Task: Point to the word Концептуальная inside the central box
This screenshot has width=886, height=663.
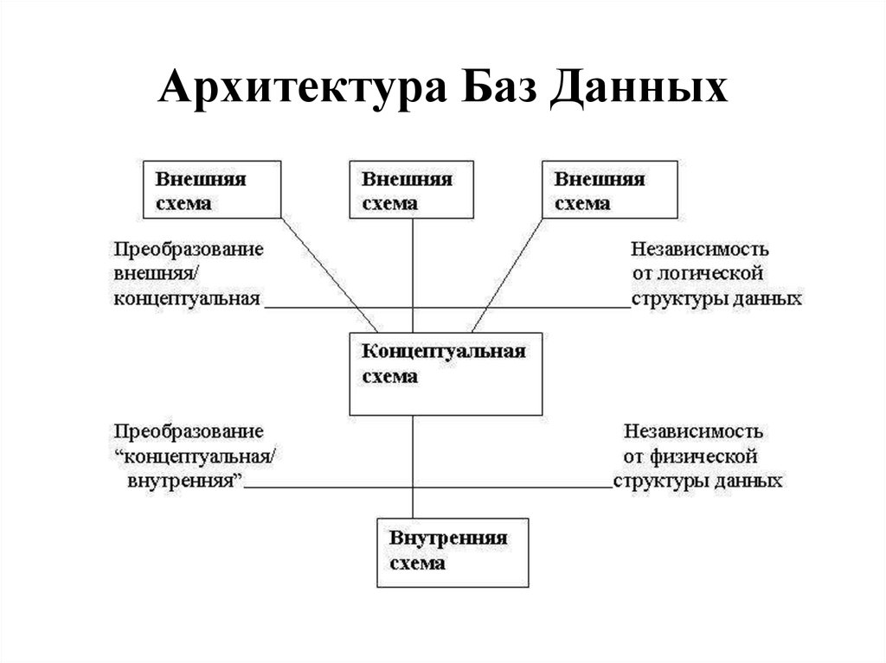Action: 444,351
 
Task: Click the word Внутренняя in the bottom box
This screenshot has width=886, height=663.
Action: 448,538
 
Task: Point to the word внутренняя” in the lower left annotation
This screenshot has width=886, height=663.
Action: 185,481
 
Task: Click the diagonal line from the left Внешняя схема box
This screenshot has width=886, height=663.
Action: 330,276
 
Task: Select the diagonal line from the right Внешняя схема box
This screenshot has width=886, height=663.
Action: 507,276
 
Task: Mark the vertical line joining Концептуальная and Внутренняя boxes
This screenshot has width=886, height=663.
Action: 413,467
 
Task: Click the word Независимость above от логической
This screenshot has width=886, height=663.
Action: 699,249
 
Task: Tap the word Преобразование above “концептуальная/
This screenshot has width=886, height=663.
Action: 189,432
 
